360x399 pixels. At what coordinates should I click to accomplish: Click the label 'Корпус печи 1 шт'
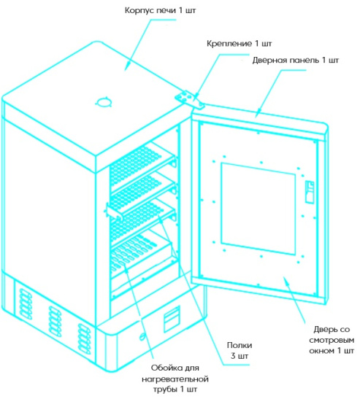[x=160, y=11]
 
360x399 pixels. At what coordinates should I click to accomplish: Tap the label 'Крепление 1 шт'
[x=239, y=44]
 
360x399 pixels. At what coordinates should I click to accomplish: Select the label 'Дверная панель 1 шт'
[x=296, y=61]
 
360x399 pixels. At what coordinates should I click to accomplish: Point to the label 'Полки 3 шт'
[x=240, y=350]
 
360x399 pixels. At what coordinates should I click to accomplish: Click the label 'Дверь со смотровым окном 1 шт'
[x=332, y=340]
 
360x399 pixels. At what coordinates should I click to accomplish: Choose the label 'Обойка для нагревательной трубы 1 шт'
[x=175, y=379]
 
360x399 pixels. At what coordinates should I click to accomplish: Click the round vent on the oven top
[x=104, y=102]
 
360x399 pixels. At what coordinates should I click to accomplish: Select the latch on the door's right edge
[x=310, y=192]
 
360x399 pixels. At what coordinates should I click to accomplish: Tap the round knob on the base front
[x=142, y=337]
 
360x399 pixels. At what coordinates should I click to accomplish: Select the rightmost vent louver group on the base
[x=83, y=338]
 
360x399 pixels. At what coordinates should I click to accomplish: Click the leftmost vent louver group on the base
[x=25, y=304]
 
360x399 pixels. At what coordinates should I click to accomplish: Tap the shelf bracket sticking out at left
[x=112, y=211]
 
